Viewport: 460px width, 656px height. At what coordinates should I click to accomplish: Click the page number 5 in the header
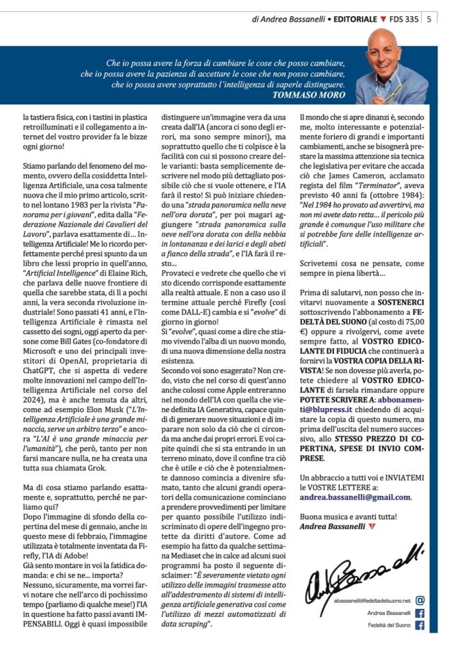pos(429,19)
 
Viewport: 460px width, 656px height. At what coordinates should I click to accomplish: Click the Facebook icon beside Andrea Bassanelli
pos(420,612)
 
